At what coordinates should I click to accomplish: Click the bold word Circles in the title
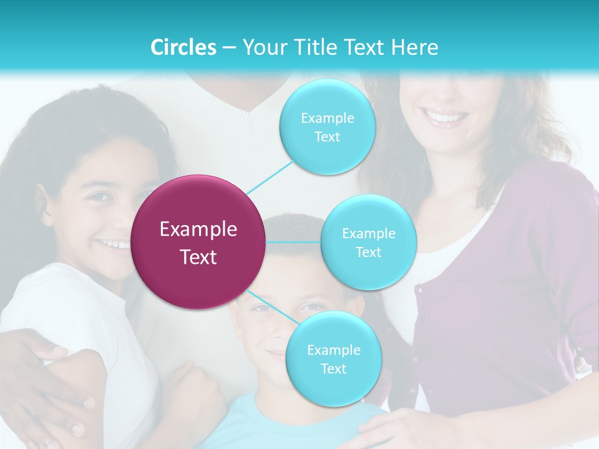click(x=183, y=47)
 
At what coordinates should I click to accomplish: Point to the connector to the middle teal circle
click(x=293, y=242)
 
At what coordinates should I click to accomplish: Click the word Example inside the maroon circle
click(x=198, y=229)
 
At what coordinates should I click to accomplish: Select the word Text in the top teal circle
click(x=327, y=137)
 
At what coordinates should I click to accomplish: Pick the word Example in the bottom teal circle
click(x=333, y=350)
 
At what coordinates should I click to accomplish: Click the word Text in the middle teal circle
click(x=368, y=252)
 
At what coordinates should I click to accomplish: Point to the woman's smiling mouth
click(x=444, y=117)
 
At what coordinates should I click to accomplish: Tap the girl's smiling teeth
click(x=112, y=244)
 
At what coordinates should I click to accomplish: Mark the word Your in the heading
click(x=263, y=47)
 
